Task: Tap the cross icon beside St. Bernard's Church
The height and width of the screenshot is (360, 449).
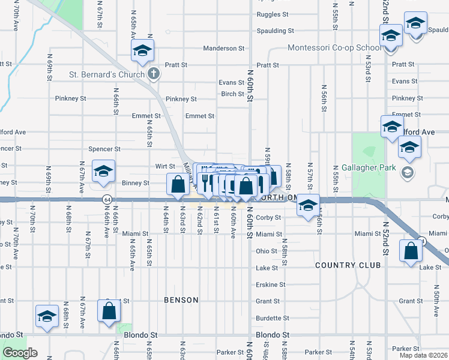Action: (154, 74)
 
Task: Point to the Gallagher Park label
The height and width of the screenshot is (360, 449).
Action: (368, 167)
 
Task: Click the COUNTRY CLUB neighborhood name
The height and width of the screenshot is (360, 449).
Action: (349, 265)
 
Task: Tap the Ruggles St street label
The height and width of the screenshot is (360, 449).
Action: (272, 14)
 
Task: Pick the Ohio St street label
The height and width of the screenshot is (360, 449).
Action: (267, 251)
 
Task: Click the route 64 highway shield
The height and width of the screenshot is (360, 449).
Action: (107, 199)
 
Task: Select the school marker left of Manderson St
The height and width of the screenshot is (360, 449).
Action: (142, 51)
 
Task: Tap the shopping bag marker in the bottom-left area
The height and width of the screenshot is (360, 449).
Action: (109, 311)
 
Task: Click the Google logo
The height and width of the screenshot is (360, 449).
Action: (20, 353)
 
